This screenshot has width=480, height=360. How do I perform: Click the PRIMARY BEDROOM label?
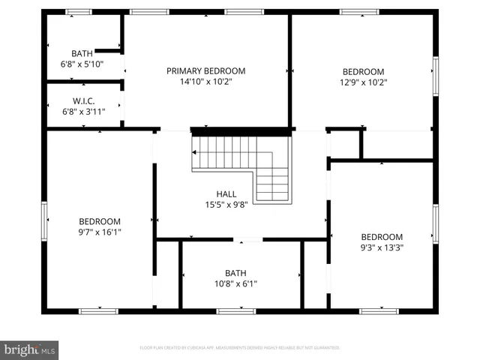click(x=205, y=71)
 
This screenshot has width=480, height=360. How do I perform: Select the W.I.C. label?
click(x=82, y=101)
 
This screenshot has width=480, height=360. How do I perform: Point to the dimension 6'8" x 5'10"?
click(x=82, y=64)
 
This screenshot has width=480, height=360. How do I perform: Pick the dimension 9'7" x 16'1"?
click(x=100, y=232)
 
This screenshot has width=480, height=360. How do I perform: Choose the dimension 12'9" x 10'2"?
click(x=363, y=82)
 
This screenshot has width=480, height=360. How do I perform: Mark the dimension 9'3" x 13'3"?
click(x=382, y=247)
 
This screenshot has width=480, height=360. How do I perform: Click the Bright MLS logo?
click(x=29, y=349)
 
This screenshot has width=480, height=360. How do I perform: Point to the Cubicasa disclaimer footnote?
click(x=240, y=348)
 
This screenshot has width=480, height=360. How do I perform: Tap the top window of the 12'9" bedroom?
click(x=359, y=12)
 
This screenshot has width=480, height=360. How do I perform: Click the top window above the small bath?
click(x=78, y=12)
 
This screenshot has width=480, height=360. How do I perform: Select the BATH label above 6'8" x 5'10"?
click(x=82, y=53)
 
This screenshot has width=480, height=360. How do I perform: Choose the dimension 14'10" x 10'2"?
click(x=205, y=82)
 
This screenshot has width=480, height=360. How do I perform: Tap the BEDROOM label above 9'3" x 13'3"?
click(x=382, y=237)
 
